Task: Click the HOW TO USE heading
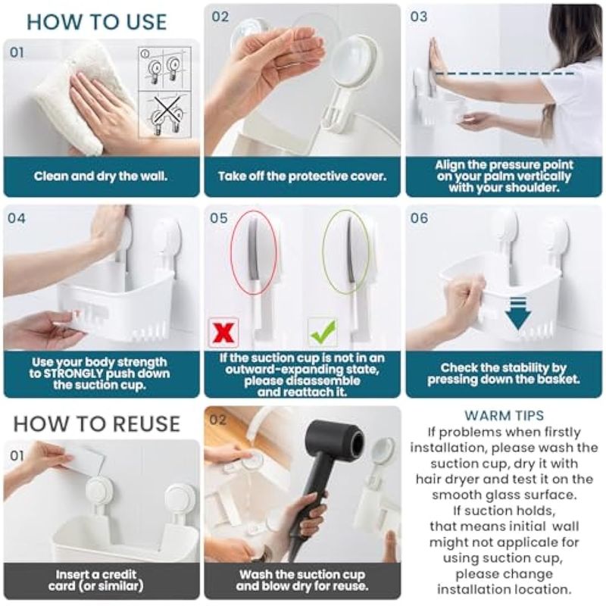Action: click(x=97, y=22)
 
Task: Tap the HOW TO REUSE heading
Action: click(x=97, y=424)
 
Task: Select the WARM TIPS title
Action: click(x=504, y=415)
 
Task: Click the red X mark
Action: click(x=223, y=333)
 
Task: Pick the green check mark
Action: click(x=323, y=332)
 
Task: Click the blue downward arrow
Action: click(x=518, y=314)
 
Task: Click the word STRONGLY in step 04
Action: click(x=73, y=373)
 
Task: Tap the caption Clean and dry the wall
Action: click(x=101, y=176)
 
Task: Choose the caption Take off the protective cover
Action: click(x=302, y=176)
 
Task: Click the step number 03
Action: click(x=419, y=17)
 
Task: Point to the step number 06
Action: click(x=419, y=218)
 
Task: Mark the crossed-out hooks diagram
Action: click(x=165, y=114)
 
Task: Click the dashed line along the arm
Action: click(x=504, y=73)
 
